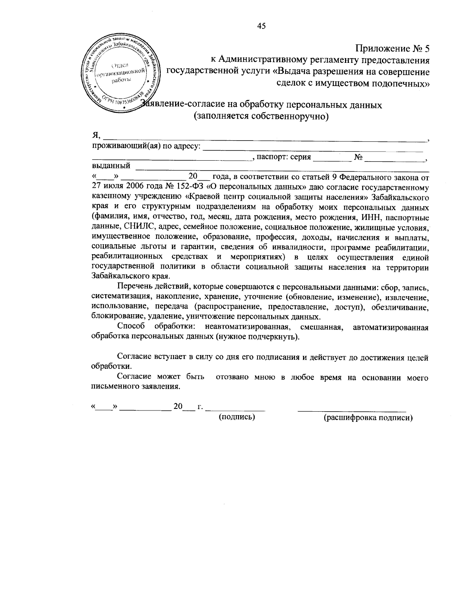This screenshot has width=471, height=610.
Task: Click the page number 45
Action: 261,26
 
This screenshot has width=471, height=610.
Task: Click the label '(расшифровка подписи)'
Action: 368,418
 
